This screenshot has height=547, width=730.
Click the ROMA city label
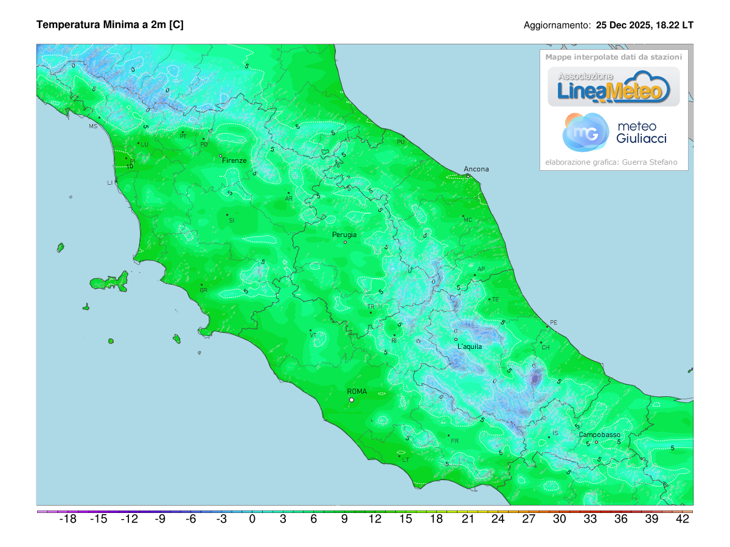356,391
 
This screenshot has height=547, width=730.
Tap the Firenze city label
234,160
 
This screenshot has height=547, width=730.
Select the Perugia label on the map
344,235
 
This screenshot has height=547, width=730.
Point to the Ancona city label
476,169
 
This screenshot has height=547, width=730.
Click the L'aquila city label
470,346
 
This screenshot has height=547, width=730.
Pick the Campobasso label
599,435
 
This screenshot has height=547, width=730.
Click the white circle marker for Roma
352,400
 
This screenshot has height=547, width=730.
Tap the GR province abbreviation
204,291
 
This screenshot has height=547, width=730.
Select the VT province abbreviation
313,335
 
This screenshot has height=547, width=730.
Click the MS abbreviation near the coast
93,126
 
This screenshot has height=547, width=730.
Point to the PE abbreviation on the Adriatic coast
553,322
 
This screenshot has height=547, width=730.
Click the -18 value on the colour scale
68,519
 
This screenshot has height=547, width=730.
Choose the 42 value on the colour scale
683,519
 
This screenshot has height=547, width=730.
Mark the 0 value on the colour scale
252,519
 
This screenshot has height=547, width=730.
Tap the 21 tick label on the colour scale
467,519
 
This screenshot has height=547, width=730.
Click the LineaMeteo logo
614,87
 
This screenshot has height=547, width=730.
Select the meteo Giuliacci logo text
641,132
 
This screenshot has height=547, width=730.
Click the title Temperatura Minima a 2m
110,25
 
